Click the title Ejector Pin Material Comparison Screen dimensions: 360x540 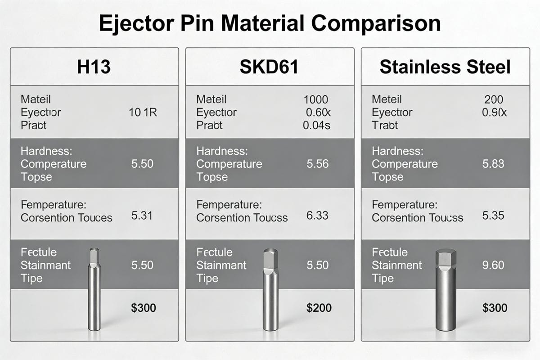click(x=270, y=23)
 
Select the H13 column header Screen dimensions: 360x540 click(x=94, y=67)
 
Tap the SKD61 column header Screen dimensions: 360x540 click(x=270, y=67)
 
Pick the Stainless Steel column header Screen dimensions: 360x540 click(x=445, y=67)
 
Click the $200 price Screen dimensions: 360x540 click(x=319, y=308)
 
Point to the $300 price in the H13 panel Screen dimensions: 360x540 click(x=143, y=308)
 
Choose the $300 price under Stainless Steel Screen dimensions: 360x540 click(x=495, y=308)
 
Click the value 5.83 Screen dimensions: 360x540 click(x=493, y=164)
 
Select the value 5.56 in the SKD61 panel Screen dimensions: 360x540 click(x=318, y=164)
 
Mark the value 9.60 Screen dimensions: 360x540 click(x=493, y=265)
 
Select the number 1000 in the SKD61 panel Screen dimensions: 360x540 click(x=316, y=99)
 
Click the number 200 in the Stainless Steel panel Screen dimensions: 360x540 click(x=494, y=99)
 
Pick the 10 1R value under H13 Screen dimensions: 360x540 click(x=143, y=112)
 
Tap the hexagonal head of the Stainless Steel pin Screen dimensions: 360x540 click(x=446, y=260)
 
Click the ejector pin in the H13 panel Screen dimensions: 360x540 click(x=94, y=292)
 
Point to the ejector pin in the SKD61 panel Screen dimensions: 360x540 click(x=270, y=292)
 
